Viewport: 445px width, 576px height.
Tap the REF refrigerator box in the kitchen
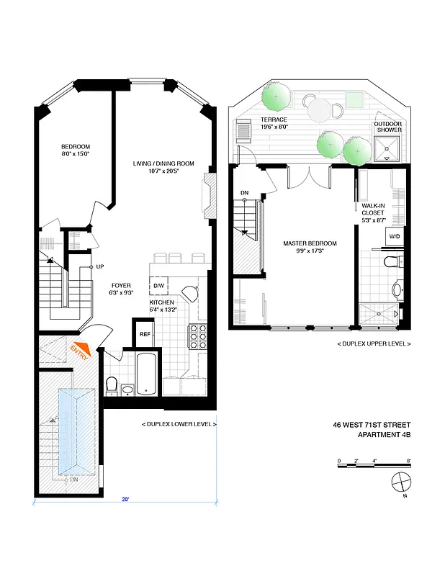point(145,334)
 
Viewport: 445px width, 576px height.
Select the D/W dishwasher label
point(158,286)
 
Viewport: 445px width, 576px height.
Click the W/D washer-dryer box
point(395,236)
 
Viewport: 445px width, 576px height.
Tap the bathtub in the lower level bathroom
point(147,373)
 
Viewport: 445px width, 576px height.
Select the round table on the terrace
point(318,110)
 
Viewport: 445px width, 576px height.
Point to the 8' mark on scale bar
point(408,460)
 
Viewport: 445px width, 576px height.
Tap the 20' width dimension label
point(125,499)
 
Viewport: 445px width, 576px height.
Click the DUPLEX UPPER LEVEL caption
point(374,344)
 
